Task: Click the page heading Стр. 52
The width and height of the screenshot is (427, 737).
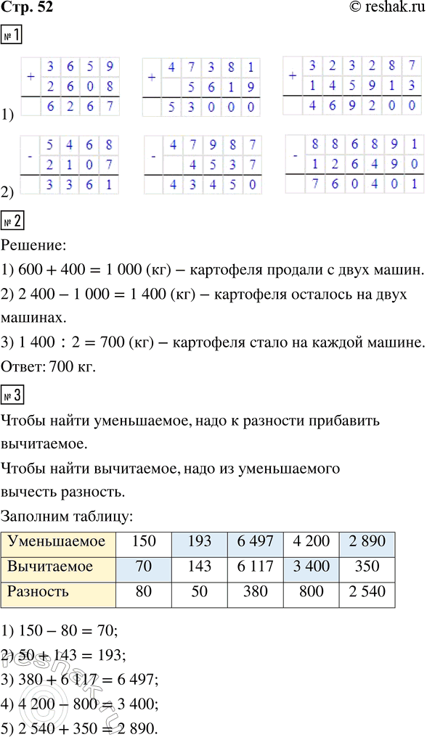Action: tap(28, 8)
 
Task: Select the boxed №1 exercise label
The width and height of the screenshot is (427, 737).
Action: tap(11, 37)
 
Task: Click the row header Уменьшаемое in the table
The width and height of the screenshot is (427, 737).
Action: tap(59, 541)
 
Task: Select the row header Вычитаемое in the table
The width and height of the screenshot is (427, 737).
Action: tap(59, 566)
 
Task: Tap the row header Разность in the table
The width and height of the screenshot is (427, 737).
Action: tap(59, 591)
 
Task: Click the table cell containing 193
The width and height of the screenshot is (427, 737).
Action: tap(198, 541)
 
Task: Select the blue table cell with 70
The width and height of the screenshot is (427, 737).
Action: tap(144, 566)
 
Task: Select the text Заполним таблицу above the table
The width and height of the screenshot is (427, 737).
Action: tap(68, 516)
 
